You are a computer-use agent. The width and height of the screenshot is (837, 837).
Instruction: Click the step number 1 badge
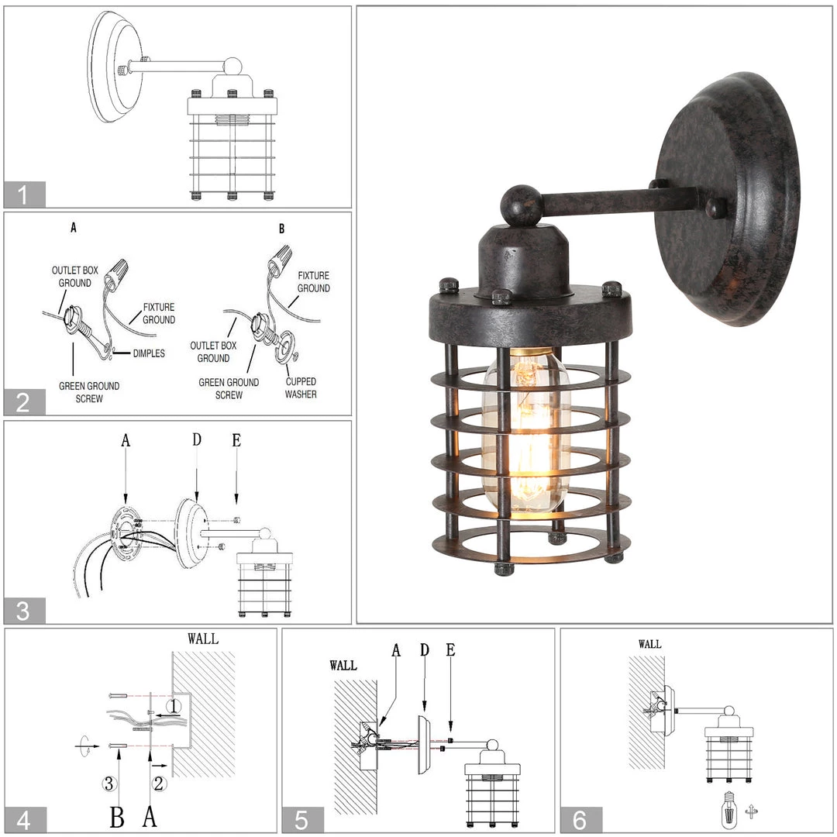click(x=24, y=195)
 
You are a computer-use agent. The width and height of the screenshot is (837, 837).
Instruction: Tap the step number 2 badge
click(x=24, y=402)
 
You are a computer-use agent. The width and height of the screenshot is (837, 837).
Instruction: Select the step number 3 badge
click(x=24, y=611)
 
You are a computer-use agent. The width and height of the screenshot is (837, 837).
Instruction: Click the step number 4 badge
click(x=24, y=820)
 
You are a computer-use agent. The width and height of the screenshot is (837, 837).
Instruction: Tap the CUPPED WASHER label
click(x=300, y=387)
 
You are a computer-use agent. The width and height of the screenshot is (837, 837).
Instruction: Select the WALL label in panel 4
click(x=203, y=639)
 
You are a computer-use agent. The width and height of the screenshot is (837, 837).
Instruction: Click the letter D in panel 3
click(x=197, y=440)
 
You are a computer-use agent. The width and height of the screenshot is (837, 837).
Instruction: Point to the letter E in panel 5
click(x=451, y=650)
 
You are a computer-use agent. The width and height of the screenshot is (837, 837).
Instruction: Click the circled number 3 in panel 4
click(x=110, y=784)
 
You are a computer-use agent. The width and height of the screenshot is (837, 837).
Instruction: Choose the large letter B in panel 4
click(x=117, y=815)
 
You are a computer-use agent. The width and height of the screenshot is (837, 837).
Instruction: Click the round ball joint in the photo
click(x=519, y=205)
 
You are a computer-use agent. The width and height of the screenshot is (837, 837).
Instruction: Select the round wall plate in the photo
click(x=727, y=198)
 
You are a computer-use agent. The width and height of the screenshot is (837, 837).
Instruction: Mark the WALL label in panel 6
click(x=649, y=644)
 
